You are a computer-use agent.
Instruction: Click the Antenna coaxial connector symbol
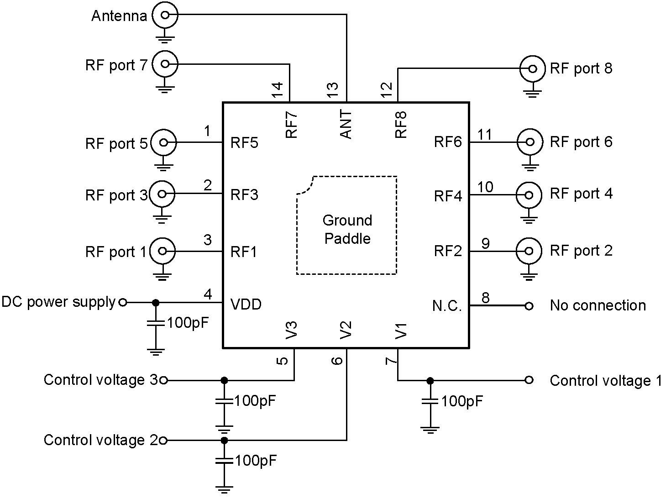(165, 15)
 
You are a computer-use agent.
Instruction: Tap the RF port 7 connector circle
(165, 64)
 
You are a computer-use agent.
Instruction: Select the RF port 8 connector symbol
(532, 69)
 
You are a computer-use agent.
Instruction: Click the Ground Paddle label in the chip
(347, 230)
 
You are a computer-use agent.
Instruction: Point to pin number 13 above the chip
(333, 89)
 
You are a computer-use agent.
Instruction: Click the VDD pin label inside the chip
(246, 304)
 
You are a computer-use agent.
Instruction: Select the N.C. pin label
(447, 306)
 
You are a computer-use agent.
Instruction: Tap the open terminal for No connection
(529, 306)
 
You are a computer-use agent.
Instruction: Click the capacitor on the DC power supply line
(156, 323)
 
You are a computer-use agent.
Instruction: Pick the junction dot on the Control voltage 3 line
(224, 380)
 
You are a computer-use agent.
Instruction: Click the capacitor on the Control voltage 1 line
(430, 401)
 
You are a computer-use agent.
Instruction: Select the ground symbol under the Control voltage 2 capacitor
(224, 489)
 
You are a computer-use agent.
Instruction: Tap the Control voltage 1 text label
(606, 381)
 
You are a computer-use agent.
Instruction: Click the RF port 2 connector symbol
(529, 251)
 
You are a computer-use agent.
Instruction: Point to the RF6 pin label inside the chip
(448, 142)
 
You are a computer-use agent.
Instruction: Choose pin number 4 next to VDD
(208, 294)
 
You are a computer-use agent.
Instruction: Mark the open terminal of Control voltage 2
(163, 441)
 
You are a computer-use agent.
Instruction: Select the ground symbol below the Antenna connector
(165, 36)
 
